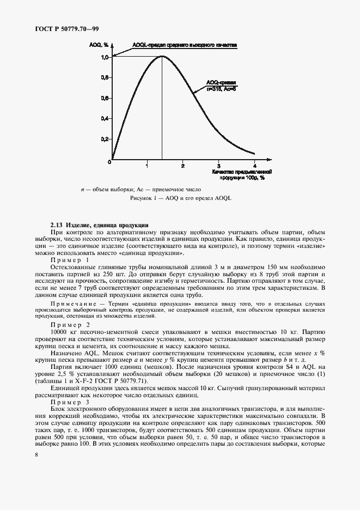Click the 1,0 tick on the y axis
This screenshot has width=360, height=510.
click(x=105, y=57)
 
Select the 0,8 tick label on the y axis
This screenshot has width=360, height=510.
click(x=105, y=77)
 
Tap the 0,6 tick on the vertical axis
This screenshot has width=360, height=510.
click(x=105, y=98)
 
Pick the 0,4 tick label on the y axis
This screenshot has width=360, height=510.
click(x=105, y=118)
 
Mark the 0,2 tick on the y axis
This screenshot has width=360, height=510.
click(x=105, y=139)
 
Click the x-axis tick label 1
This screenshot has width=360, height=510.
click(x=147, y=165)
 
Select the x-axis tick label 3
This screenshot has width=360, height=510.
click(x=219, y=165)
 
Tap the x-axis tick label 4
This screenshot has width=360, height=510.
click(x=255, y=165)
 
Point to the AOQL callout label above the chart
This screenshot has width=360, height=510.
click(x=184, y=46)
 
